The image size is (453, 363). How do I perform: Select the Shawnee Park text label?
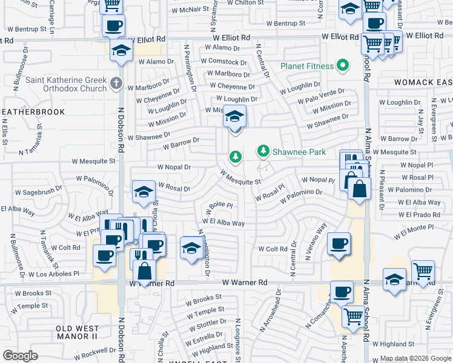pos(299,151)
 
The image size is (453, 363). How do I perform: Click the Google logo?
pos(20,356)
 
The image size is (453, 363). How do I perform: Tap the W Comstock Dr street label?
pos(223,61)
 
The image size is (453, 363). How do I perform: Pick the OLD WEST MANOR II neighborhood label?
pos(77,332)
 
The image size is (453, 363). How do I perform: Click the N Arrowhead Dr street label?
pos(271,313)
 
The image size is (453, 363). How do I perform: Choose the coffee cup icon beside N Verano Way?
pos(339,243)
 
